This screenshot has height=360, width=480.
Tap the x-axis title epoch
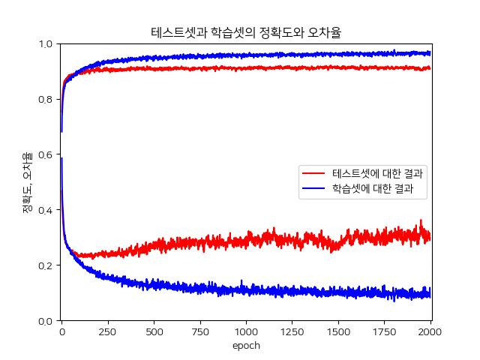(246, 346)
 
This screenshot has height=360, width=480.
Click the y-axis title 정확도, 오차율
(27, 182)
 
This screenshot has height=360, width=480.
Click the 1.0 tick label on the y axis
(46, 44)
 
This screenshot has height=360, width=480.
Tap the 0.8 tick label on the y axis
(46, 100)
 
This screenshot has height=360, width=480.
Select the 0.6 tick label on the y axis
(46, 155)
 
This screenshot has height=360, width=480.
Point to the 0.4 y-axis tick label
(46, 211)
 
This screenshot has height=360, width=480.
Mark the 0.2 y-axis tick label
(46, 266)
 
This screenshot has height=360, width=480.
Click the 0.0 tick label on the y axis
(46, 321)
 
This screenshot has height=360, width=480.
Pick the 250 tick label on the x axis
(108, 332)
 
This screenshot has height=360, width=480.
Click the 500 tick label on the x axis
(154, 332)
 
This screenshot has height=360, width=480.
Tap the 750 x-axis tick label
(200, 332)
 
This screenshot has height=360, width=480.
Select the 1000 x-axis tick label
(246, 332)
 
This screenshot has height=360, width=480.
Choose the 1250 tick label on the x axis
(292, 332)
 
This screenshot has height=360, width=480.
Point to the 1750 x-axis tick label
(385, 332)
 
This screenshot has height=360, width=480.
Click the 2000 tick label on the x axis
(430, 332)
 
